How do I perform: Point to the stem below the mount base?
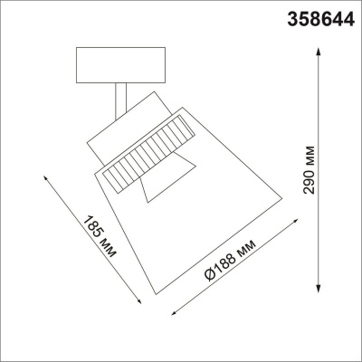[120, 99]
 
